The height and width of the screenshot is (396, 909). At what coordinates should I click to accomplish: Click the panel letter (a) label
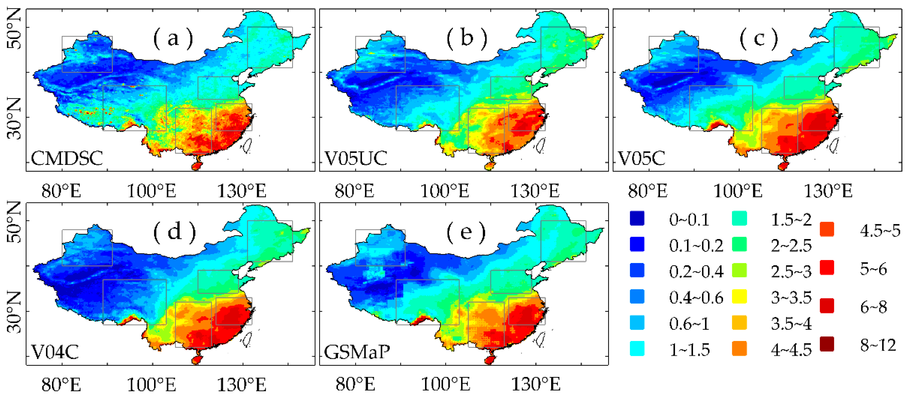pos(173,38)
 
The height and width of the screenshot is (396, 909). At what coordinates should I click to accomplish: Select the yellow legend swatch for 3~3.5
pos(739,297)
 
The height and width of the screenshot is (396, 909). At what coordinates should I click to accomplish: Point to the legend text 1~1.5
pos(689,350)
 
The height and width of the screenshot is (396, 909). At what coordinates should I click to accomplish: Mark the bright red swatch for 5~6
pos(827,268)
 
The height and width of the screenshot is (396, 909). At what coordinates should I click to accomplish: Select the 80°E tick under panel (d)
pos(61,385)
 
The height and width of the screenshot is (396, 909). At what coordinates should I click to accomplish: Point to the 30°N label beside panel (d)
pos(14,312)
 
